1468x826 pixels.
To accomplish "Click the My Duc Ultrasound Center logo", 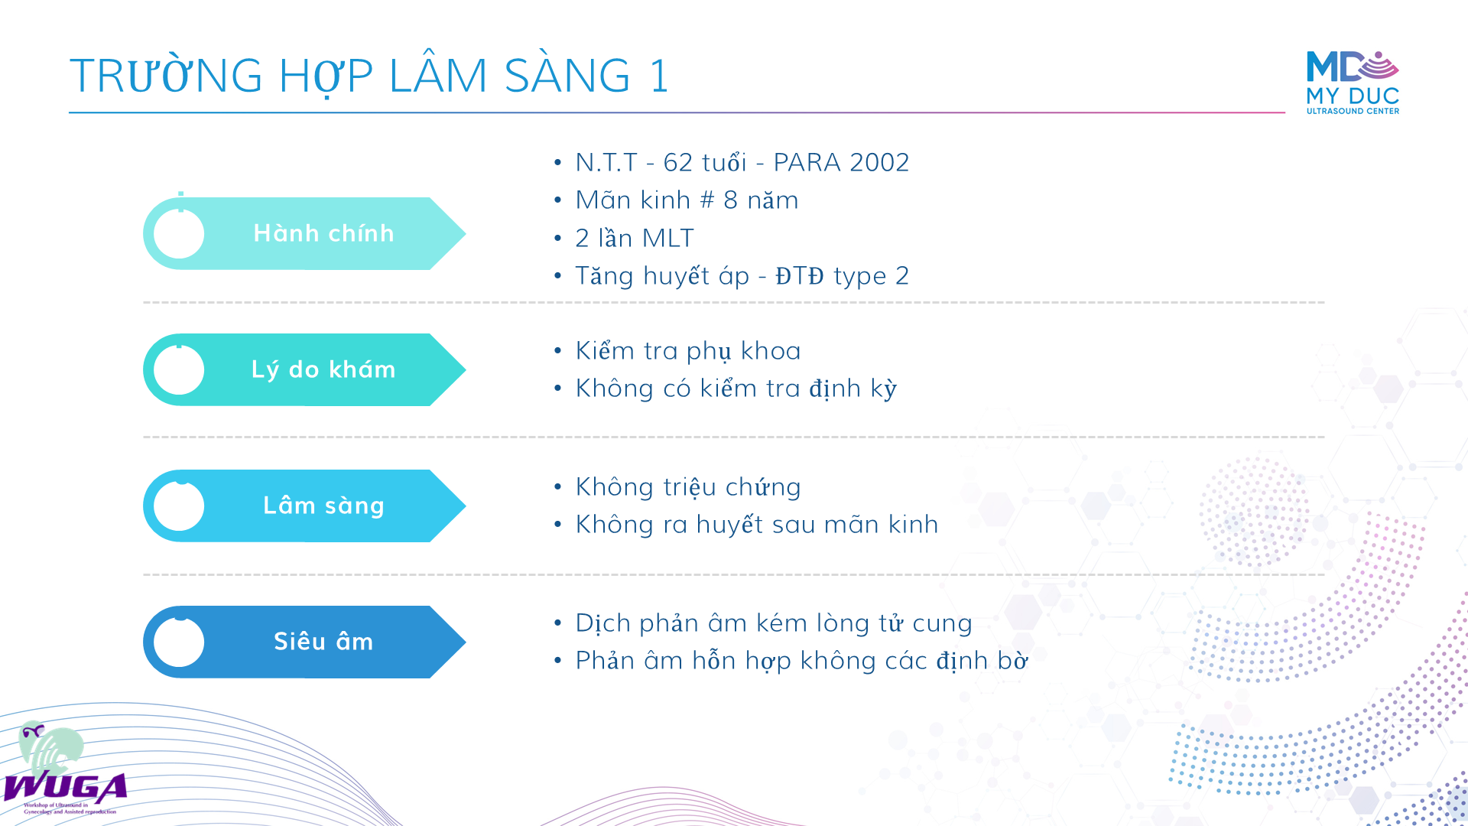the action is (x=1353, y=83).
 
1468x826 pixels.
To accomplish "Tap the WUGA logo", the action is (x=65, y=768).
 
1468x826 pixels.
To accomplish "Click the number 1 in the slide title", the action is (x=659, y=76).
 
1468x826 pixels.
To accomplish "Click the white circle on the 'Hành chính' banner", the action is (x=179, y=233).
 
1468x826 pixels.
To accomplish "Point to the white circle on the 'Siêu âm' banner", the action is (x=179, y=642).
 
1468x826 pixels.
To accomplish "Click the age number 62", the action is (x=677, y=162).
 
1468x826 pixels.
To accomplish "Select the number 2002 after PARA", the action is (x=879, y=162).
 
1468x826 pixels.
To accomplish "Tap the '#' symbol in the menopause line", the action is (x=707, y=200).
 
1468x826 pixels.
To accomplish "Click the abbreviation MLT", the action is (x=667, y=238).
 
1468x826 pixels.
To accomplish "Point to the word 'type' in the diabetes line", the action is (x=860, y=277).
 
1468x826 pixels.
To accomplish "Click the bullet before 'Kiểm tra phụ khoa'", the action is (x=558, y=351).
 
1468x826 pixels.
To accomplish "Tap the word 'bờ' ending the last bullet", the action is (x=1013, y=660).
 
